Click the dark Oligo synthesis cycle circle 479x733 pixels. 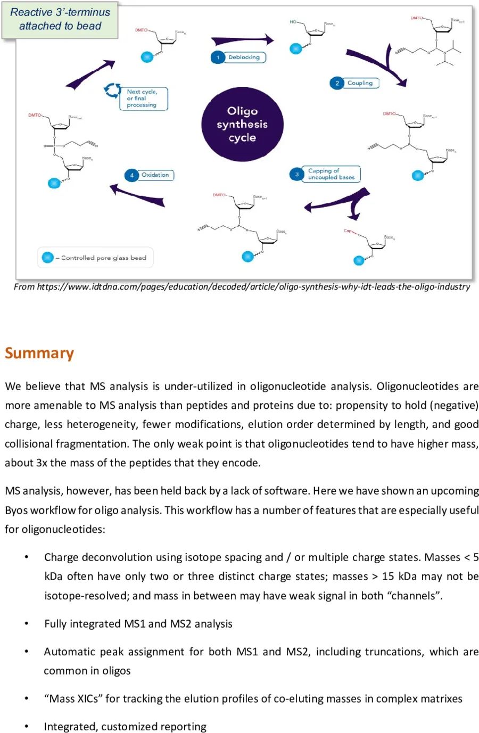242,125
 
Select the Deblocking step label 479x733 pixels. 244,57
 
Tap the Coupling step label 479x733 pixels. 360,83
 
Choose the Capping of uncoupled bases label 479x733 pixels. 331,174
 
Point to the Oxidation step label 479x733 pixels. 155,175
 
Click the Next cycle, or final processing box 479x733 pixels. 143,98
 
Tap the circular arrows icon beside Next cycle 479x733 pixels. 112,90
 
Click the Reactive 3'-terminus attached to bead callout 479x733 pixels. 60,19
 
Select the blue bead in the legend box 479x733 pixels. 47,258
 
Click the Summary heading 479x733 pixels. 39,353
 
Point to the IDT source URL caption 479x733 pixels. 242,286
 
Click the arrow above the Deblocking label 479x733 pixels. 242,40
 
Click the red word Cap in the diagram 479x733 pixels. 348,230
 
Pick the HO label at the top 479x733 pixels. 293,22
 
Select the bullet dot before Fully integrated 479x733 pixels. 26,623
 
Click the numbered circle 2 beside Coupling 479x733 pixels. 337,83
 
